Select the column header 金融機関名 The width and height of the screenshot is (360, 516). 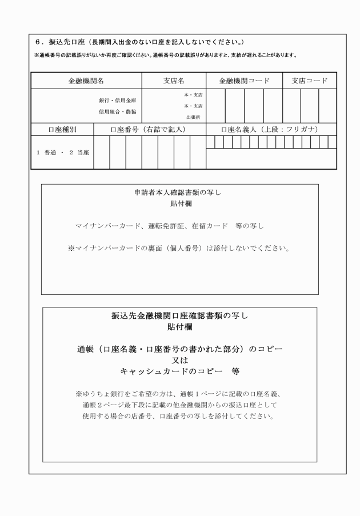86,81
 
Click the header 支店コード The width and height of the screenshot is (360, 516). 309,81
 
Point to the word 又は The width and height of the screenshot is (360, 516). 180,359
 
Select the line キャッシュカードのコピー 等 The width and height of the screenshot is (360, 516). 179,371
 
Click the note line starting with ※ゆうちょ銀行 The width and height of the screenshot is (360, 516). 179,394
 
